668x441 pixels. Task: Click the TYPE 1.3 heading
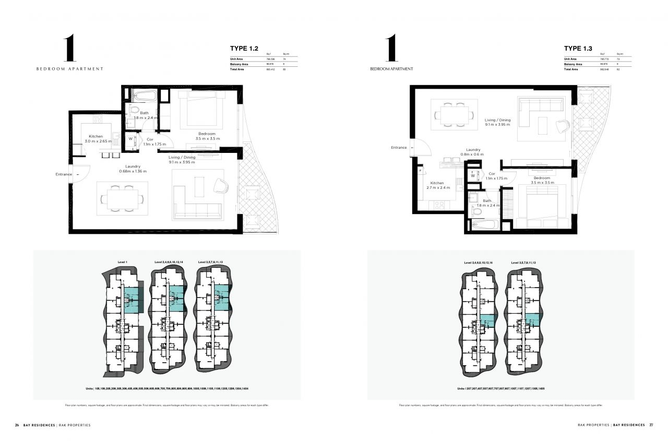(x=578, y=49)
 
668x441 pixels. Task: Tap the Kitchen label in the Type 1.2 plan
(x=96, y=136)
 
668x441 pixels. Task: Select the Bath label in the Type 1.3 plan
(x=487, y=200)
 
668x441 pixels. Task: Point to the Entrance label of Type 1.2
(x=64, y=174)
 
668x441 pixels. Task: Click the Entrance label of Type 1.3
(x=399, y=148)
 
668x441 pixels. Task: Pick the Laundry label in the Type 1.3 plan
(x=473, y=149)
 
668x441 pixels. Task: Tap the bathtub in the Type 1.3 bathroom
(x=484, y=225)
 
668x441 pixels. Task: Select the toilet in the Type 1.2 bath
(x=133, y=111)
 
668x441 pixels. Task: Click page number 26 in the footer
(x=17, y=425)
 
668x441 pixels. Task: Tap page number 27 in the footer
(x=651, y=425)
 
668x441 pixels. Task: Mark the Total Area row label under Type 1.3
(x=571, y=69)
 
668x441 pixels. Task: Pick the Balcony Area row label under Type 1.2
(x=239, y=64)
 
